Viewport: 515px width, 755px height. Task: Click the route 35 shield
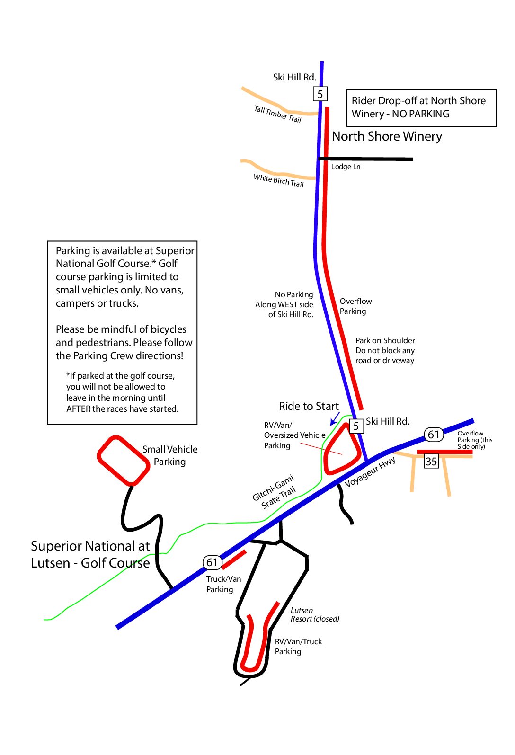click(431, 461)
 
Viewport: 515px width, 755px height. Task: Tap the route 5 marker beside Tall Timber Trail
click(320, 94)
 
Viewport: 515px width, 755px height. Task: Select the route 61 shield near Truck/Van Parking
click(212, 562)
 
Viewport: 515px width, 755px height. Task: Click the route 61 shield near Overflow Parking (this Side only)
click(433, 435)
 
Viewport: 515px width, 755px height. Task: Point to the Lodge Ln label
click(346, 167)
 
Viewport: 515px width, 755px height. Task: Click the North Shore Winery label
click(387, 136)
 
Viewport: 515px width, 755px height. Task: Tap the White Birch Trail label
click(278, 180)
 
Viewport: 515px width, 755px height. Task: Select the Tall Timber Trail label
click(277, 114)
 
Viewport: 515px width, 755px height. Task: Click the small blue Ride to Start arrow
click(335, 418)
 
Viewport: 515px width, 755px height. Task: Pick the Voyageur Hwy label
click(370, 472)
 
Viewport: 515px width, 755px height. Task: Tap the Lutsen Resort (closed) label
click(314, 614)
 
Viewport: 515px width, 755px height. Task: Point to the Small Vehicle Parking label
click(170, 455)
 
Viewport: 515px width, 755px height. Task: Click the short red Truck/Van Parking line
click(234, 560)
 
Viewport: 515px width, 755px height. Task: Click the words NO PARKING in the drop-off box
click(420, 114)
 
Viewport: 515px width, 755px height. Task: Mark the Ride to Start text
click(309, 406)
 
